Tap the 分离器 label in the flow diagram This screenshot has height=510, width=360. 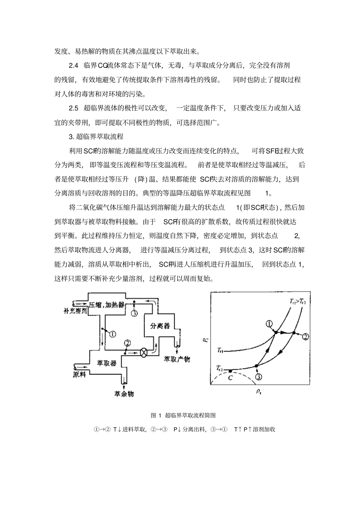click(160, 326)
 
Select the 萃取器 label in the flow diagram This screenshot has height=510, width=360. click(106, 363)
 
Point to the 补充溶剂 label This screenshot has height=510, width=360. click(75, 311)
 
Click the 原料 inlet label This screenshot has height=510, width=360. click(80, 374)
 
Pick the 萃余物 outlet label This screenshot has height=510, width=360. click(124, 394)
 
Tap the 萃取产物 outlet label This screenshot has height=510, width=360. click(177, 359)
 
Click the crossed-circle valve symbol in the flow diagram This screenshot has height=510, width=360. click(144, 352)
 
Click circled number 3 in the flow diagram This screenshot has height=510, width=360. click(134, 313)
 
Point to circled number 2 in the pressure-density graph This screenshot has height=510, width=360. click(306, 336)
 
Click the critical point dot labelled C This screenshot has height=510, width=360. click(230, 371)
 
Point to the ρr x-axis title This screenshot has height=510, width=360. click(258, 392)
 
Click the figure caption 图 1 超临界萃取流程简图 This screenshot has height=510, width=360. click(183, 415)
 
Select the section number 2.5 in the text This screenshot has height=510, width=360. click(74, 108)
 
